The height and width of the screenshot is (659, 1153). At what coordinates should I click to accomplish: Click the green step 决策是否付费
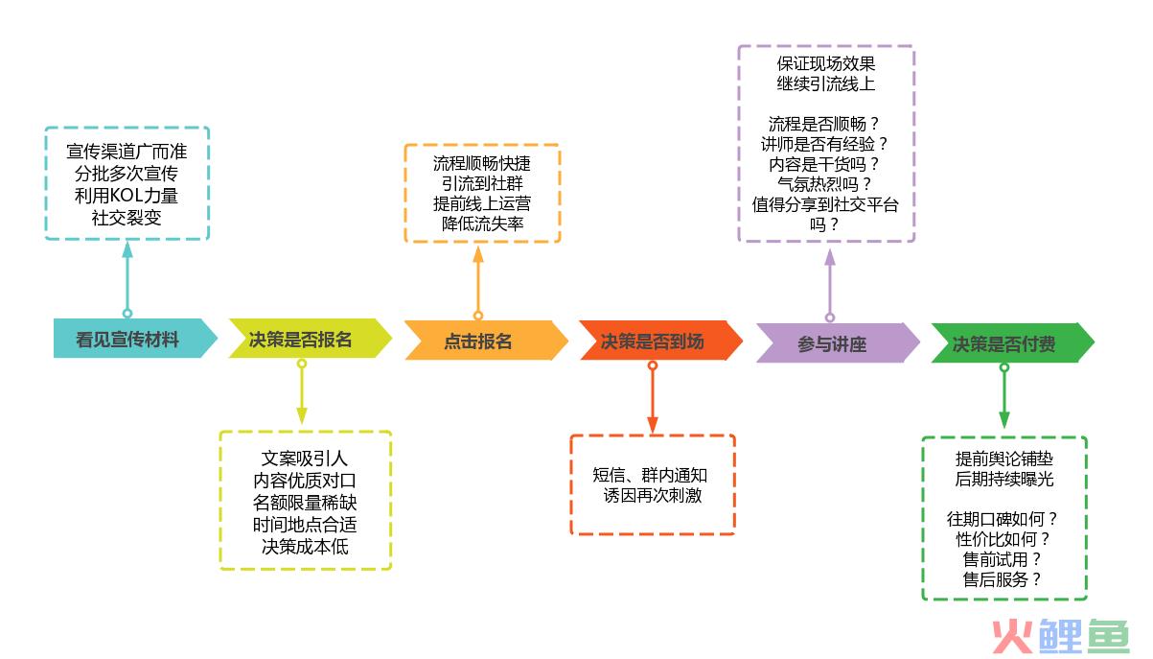pos(1012,342)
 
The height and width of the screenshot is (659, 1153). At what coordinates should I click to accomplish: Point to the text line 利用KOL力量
pos(127,196)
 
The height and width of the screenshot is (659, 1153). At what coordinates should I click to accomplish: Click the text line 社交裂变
pos(127,218)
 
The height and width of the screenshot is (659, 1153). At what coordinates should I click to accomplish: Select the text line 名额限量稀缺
pos(305,503)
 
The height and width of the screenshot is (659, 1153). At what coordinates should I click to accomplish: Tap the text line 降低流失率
pos(482,224)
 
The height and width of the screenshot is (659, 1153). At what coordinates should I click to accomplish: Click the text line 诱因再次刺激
pos(653,495)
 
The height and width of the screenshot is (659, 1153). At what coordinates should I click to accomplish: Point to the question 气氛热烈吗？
pos(824,184)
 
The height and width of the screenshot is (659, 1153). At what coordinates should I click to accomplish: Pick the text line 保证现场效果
pos(825,63)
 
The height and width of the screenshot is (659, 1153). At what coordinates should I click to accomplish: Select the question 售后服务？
pos(1003,579)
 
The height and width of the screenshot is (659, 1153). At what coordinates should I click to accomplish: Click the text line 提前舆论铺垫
pos(1003,459)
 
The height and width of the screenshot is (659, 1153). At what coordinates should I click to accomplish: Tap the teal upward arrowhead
pos(127,250)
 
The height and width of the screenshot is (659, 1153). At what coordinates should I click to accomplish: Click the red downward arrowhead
pos(653,425)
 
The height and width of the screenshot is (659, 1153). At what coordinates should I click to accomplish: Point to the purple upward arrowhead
pos(830,257)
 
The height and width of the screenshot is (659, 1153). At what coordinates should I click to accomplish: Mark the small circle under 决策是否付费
pos(1004,367)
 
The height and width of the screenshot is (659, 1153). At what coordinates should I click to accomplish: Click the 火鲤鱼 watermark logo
pos(1061,636)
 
